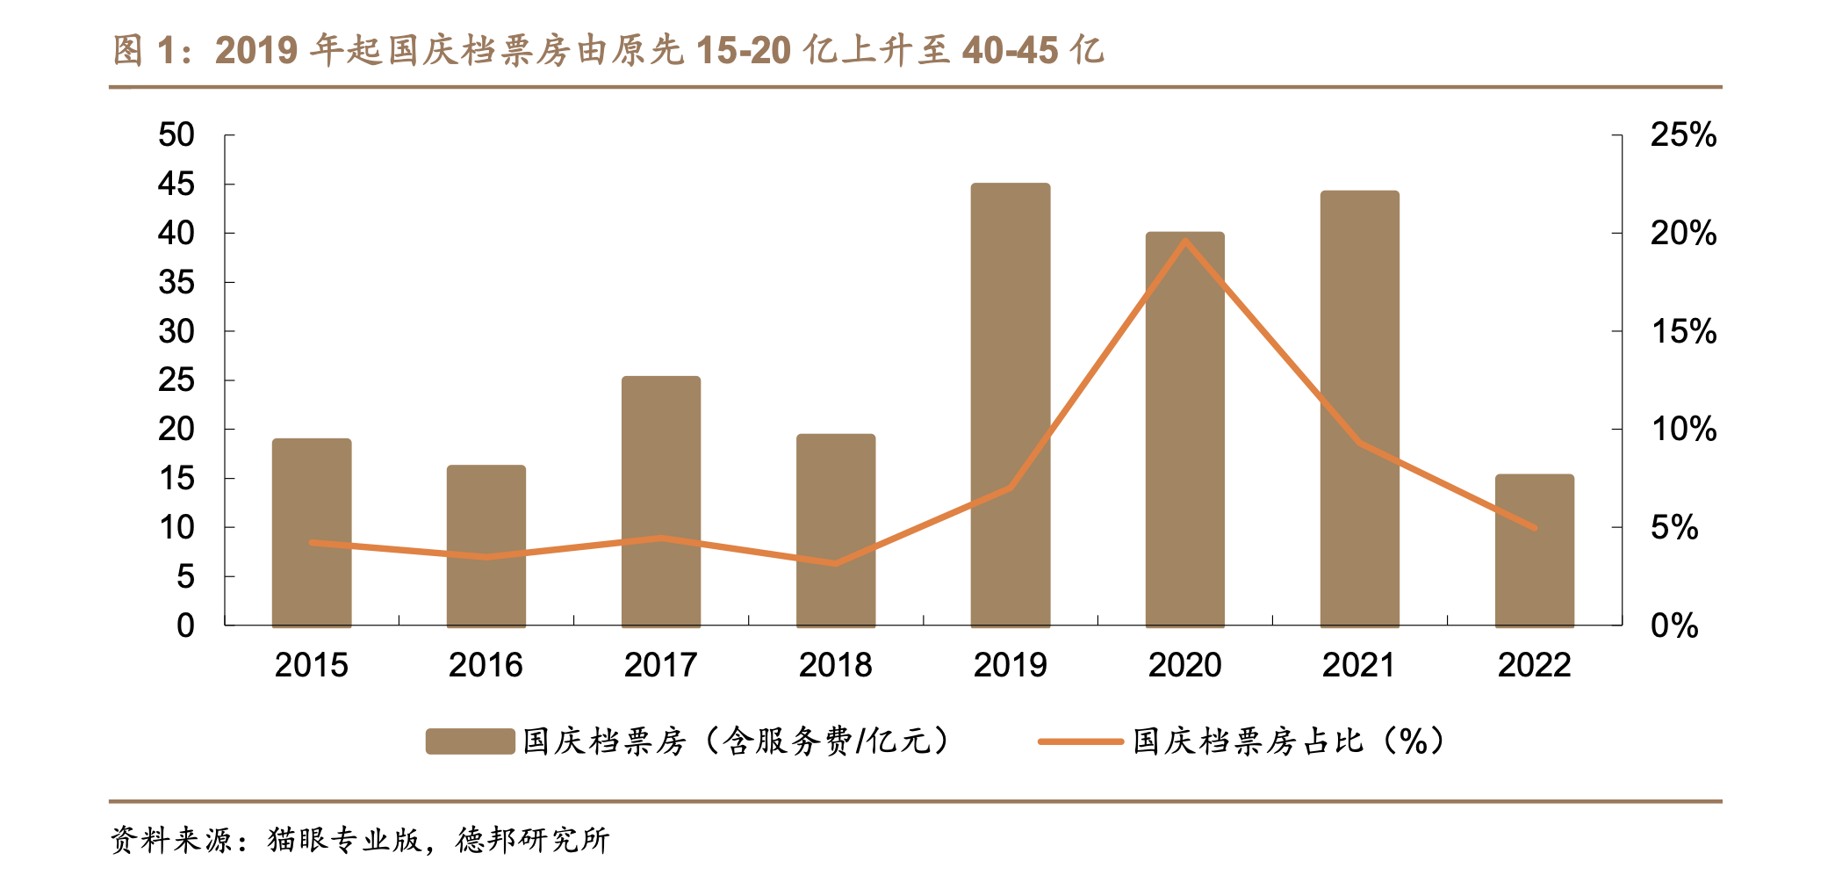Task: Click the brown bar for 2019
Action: tap(1010, 404)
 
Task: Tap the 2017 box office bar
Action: tap(660, 501)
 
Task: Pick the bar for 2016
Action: tap(486, 545)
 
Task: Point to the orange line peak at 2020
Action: tap(1185, 240)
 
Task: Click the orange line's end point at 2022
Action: tap(1534, 528)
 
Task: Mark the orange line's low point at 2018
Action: tap(835, 563)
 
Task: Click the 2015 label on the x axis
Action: tap(311, 665)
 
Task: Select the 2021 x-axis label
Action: tap(1358, 665)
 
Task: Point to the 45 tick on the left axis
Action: tap(176, 184)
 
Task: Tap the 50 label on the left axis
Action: tap(176, 135)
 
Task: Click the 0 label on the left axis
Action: tap(185, 626)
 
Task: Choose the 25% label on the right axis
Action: tap(1683, 135)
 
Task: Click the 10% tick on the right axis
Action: tap(1683, 430)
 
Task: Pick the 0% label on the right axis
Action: tap(1674, 626)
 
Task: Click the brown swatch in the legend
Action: tap(470, 741)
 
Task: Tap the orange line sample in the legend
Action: tap(1080, 741)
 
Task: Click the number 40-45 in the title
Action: tap(1010, 51)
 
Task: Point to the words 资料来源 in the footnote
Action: tap(171, 840)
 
